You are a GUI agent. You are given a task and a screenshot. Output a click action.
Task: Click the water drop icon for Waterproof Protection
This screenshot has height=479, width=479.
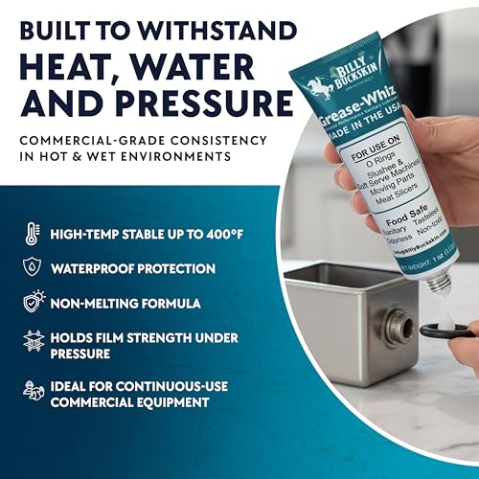34,268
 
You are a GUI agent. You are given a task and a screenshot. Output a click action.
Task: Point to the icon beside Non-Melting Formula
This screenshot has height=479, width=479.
34,303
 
